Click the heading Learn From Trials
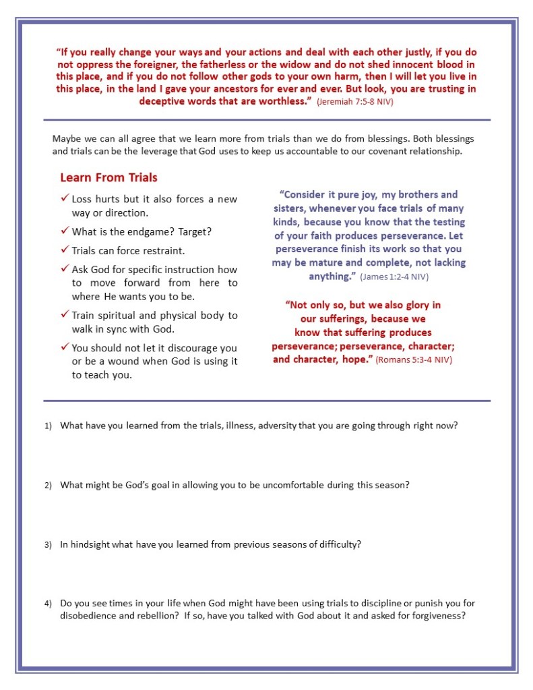[108, 178]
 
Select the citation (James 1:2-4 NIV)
[394, 277]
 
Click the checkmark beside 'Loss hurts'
[65, 199]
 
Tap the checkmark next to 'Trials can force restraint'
[65, 250]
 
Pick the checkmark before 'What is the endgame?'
[65, 231]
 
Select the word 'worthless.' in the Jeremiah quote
[284, 100]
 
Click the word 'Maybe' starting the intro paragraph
[65, 139]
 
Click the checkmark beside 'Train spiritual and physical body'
[65, 315]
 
